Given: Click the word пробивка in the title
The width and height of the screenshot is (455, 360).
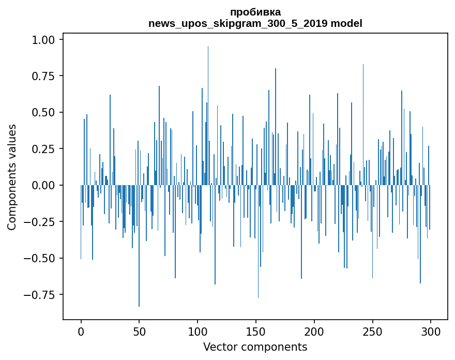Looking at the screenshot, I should [x=255, y=12].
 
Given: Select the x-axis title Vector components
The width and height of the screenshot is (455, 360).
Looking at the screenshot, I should [x=255, y=347].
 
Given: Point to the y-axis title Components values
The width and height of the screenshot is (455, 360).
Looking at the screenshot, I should [x=11, y=177].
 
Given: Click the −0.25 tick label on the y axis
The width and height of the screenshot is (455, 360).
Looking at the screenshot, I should [x=44, y=222].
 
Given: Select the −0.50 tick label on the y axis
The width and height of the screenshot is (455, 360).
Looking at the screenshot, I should [x=44, y=258].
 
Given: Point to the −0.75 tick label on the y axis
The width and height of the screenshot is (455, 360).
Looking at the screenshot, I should [x=44, y=295].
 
